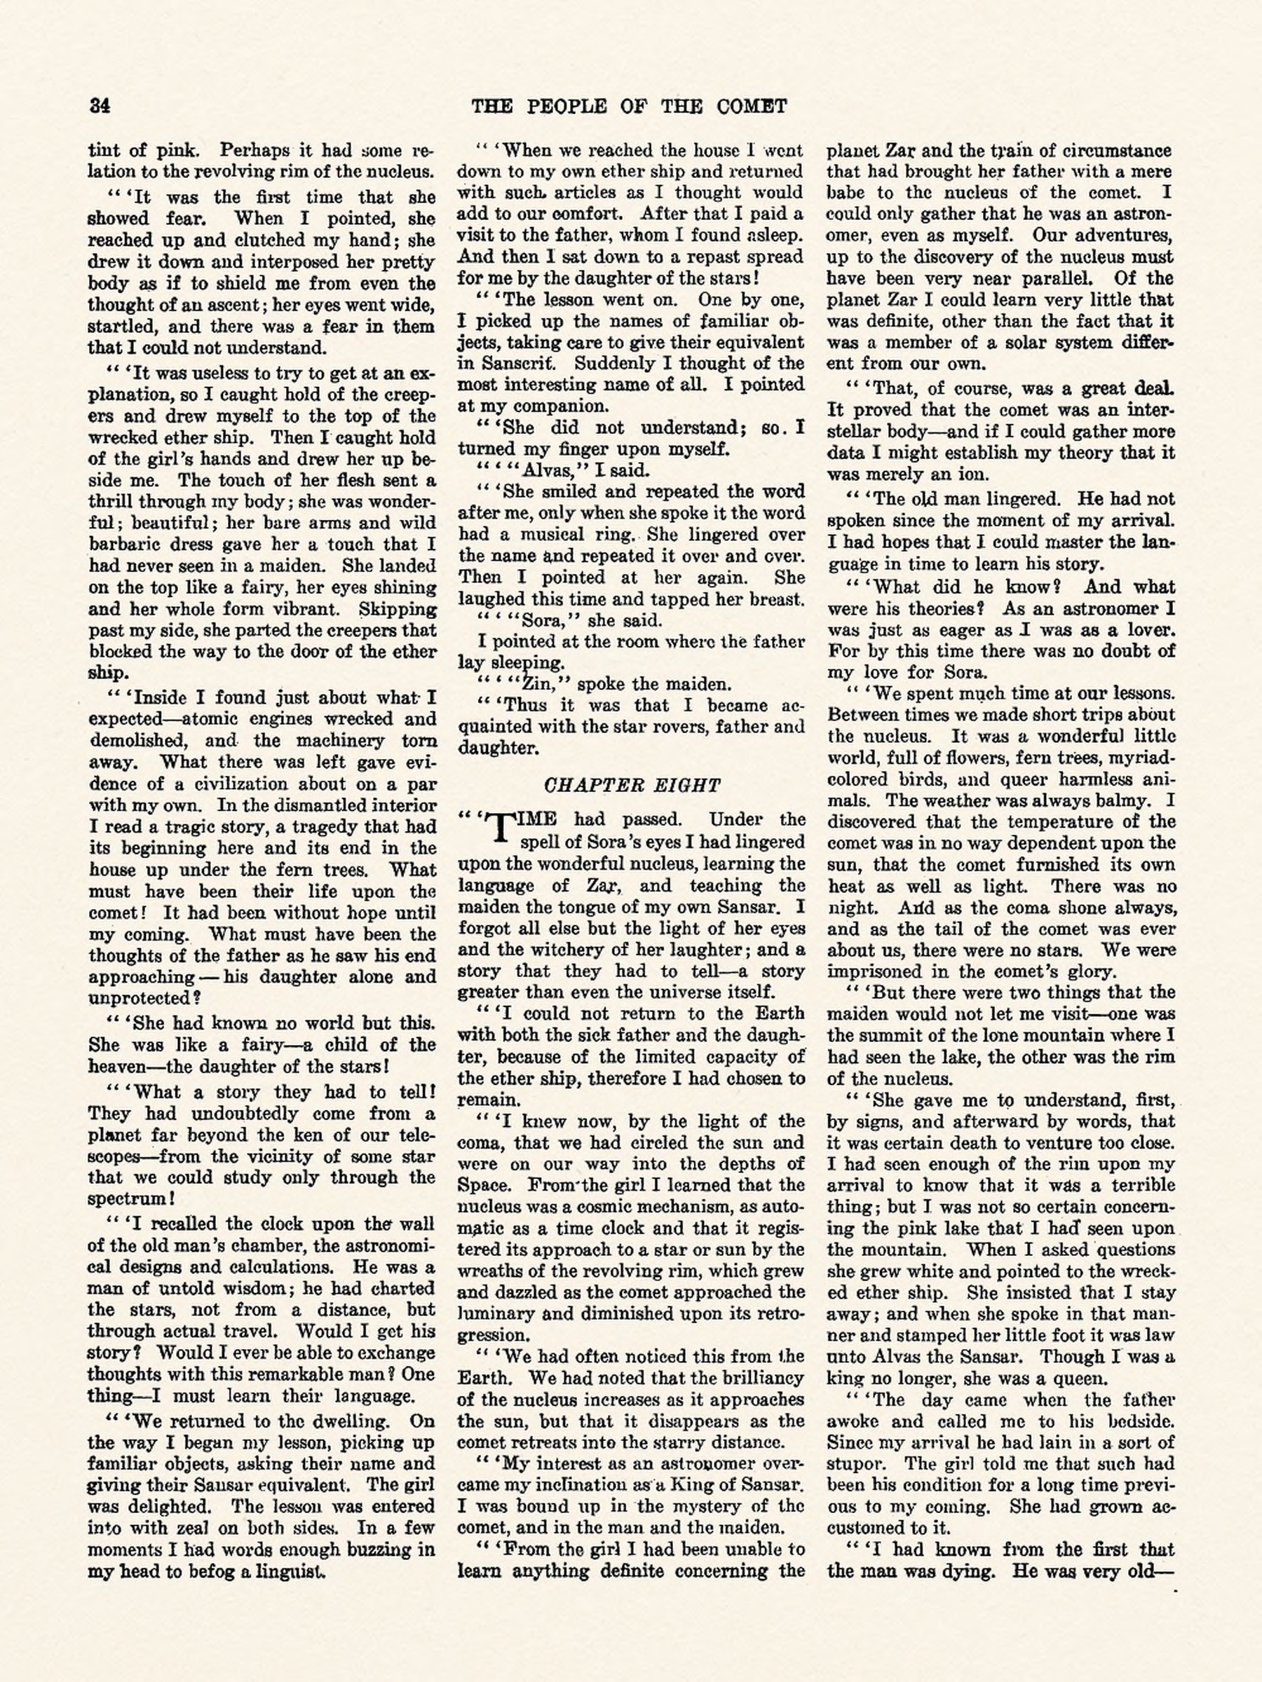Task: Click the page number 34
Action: point(100,106)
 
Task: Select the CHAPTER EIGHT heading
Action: point(632,785)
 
